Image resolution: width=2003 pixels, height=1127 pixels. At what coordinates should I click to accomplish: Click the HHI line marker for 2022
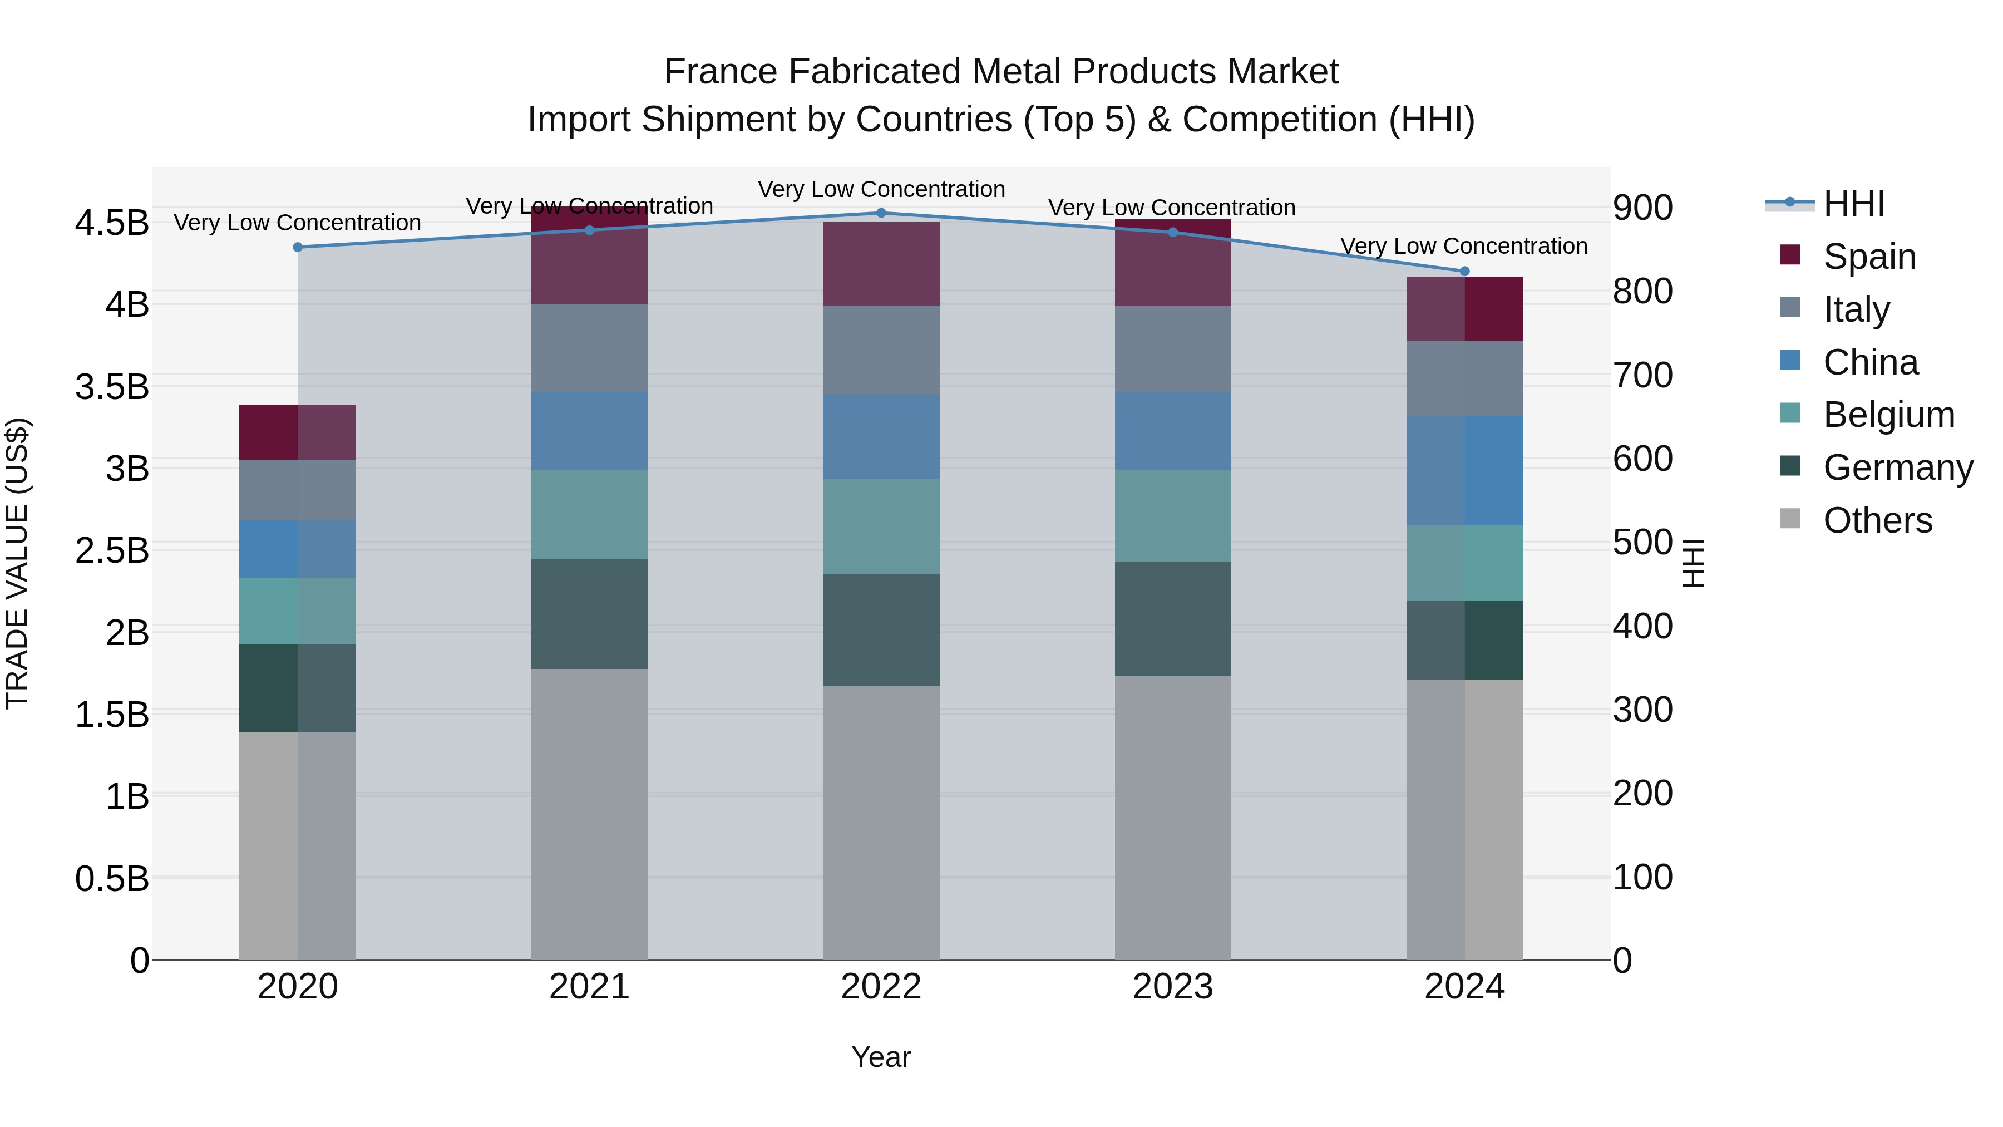[881, 213]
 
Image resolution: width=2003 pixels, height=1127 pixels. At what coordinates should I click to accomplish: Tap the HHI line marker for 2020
[298, 247]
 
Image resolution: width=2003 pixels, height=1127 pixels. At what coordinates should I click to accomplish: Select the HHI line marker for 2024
[1464, 272]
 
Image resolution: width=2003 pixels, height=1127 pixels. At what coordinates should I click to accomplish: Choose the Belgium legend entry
[1888, 415]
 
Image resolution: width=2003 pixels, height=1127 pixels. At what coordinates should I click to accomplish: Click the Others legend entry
[1877, 520]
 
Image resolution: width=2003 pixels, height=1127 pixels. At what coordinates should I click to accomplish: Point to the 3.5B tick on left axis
[112, 387]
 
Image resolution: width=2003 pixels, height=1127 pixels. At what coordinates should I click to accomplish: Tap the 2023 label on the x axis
[1172, 987]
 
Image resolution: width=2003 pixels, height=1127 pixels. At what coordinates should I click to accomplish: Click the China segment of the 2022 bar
[881, 436]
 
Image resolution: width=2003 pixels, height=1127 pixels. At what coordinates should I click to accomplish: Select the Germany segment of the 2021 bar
[589, 614]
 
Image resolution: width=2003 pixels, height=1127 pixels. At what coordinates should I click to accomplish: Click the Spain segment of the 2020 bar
[298, 432]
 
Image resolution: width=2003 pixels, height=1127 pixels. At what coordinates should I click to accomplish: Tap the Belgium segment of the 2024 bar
[1464, 563]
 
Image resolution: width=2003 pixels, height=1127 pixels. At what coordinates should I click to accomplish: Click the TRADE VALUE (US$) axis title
[18, 563]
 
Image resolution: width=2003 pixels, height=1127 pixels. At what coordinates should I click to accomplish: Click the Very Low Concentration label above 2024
[1463, 246]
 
